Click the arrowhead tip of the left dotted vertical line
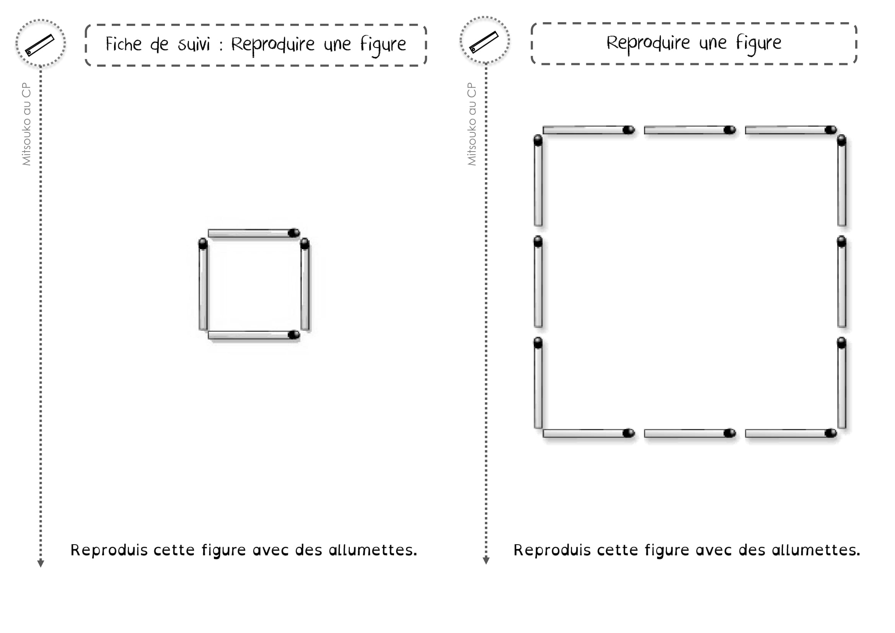pyautogui.click(x=41, y=567)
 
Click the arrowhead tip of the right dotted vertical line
pyautogui.click(x=486, y=564)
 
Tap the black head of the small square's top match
pyautogui.click(x=294, y=233)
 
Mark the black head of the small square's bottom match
pyautogui.click(x=294, y=334)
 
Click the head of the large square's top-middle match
pyautogui.click(x=730, y=130)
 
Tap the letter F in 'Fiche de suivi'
pyautogui.click(x=110, y=44)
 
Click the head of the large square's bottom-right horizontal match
pyautogui.click(x=831, y=433)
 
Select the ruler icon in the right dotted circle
pyautogui.click(x=484, y=42)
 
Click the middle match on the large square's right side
pyautogui.click(x=841, y=281)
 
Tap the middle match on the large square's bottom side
pyautogui.click(x=690, y=433)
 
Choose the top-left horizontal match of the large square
pyautogui.click(x=589, y=130)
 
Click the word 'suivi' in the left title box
pyautogui.click(x=194, y=44)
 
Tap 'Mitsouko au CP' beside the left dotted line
pyautogui.click(x=26, y=124)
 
